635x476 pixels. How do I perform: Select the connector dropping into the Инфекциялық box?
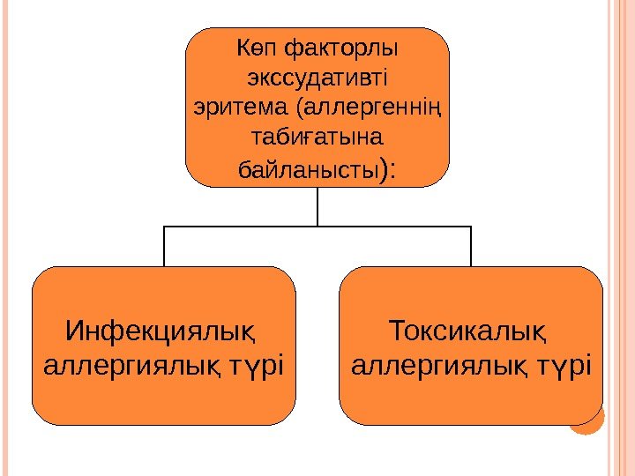point(164,246)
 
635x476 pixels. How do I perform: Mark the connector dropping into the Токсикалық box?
point(471,246)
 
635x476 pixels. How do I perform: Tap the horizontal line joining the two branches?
point(265,226)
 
